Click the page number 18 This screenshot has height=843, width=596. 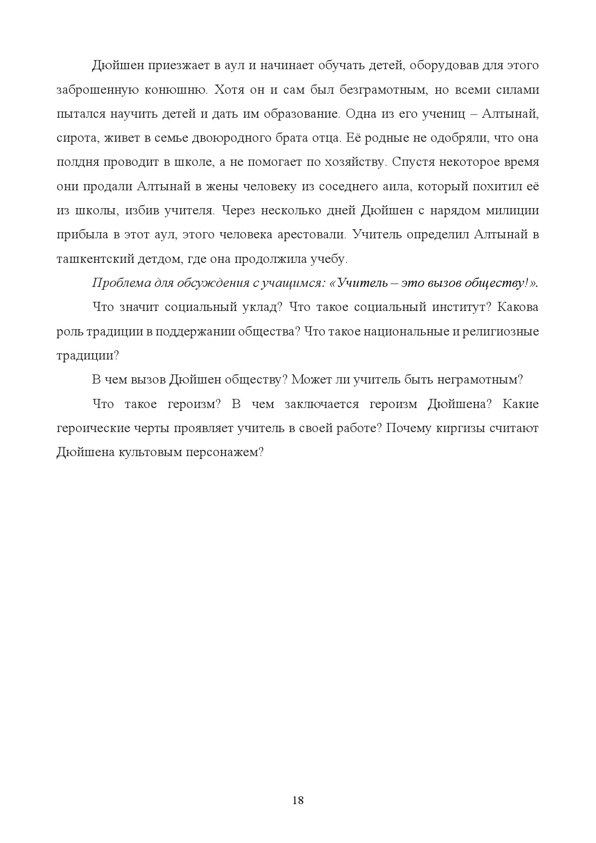pos(298,800)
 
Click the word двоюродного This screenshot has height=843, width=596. pos(230,138)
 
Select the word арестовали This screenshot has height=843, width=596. pos(310,235)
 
